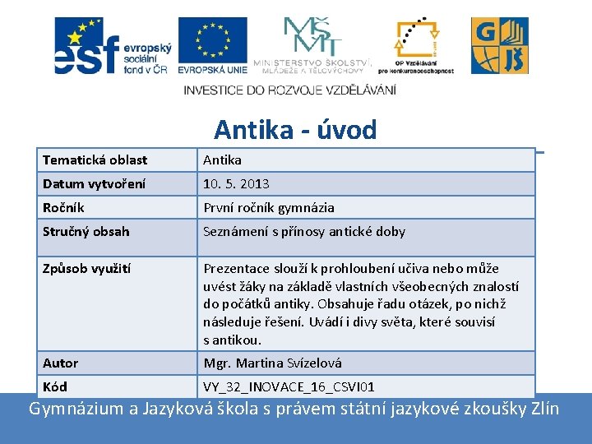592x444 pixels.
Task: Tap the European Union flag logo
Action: (x=212, y=46)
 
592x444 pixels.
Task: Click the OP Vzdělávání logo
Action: (x=415, y=46)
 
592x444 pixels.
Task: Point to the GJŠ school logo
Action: (x=499, y=46)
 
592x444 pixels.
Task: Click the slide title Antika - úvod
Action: (x=295, y=130)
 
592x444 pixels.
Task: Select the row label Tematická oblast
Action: (x=95, y=160)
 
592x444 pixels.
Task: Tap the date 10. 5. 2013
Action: (x=237, y=183)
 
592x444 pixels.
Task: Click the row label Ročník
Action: (x=63, y=208)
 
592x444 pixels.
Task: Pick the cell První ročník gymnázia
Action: (x=269, y=208)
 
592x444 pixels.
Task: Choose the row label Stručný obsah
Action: (x=86, y=231)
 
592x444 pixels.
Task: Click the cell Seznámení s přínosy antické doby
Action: (x=304, y=231)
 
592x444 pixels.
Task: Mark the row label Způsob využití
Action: (x=87, y=268)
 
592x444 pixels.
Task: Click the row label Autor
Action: (x=61, y=363)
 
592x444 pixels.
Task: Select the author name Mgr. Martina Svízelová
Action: (x=273, y=363)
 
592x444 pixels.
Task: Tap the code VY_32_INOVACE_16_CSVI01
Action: (x=289, y=386)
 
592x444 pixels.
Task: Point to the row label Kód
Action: (x=55, y=386)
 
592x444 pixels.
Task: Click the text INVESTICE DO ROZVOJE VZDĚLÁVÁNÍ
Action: (x=289, y=90)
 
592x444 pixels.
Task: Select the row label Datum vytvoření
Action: (x=95, y=183)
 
